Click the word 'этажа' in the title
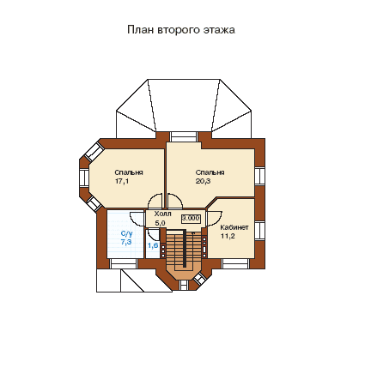coord(219,30)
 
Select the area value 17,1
coord(122,181)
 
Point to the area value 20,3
coord(204,181)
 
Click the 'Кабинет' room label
coord(234,227)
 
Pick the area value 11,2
coord(228,236)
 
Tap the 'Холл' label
coord(163,214)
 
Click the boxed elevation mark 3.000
coord(191,219)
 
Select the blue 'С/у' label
coord(127,233)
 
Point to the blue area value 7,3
coord(126,242)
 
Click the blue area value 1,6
coord(153,245)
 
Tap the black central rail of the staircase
coord(185,248)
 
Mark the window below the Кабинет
coord(235,263)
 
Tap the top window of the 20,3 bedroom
coord(183,136)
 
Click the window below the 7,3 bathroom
coord(124,263)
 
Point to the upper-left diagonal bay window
coord(94,152)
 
